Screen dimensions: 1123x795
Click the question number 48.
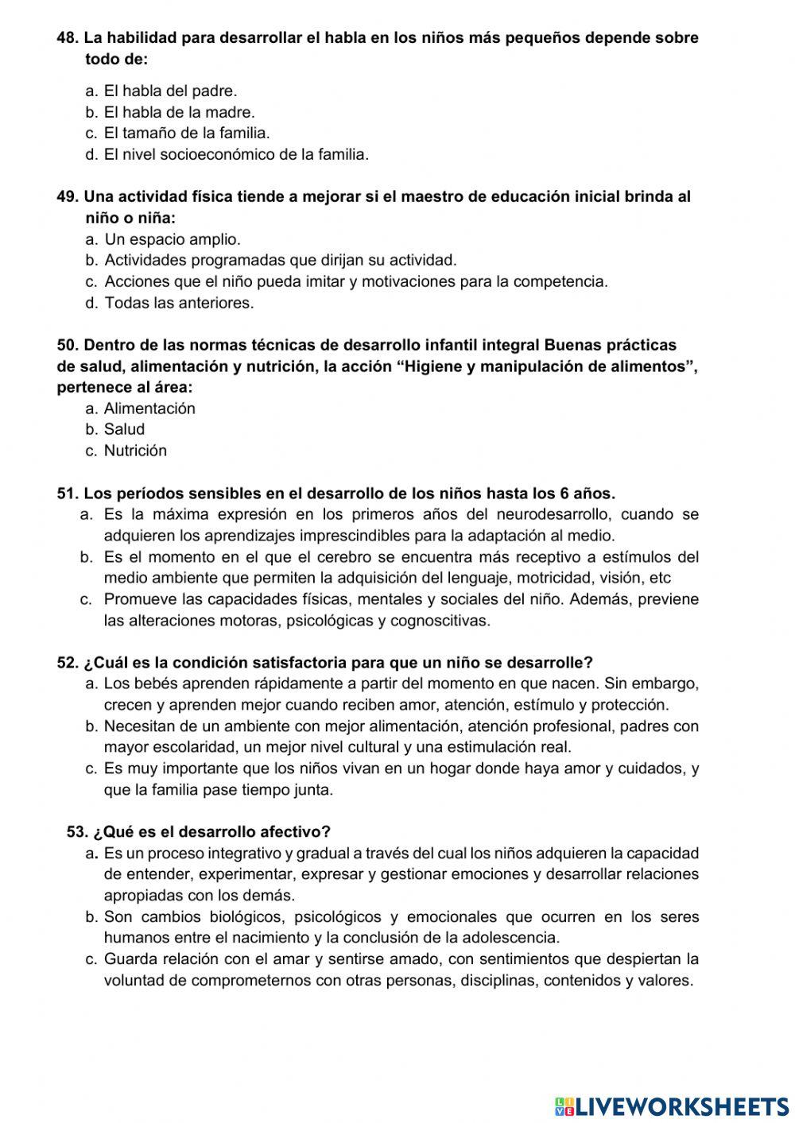coord(68,37)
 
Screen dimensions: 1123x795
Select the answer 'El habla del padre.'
coord(170,91)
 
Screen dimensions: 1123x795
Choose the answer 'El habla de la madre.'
coord(179,112)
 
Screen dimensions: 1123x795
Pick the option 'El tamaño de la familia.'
coord(187,134)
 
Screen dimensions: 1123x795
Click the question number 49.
coord(68,196)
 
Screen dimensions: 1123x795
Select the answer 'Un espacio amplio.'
coord(173,239)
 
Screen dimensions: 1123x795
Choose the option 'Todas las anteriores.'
coord(179,303)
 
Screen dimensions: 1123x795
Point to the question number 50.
coord(68,345)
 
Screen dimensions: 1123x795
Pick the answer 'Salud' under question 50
coord(124,430)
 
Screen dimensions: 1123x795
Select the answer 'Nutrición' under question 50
coord(135,451)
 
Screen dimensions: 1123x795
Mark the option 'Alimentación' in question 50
coord(149,409)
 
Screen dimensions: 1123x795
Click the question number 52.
coord(68,663)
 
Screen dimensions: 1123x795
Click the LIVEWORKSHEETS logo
coord(672,1106)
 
